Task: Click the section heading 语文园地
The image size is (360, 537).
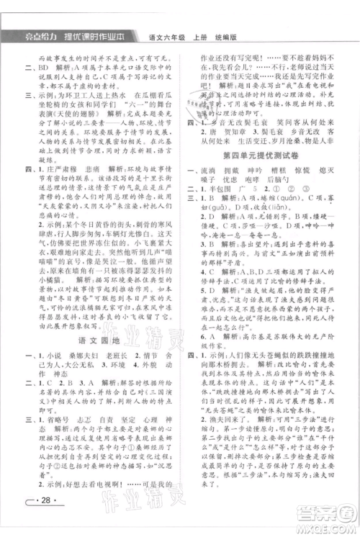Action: [98, 314]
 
